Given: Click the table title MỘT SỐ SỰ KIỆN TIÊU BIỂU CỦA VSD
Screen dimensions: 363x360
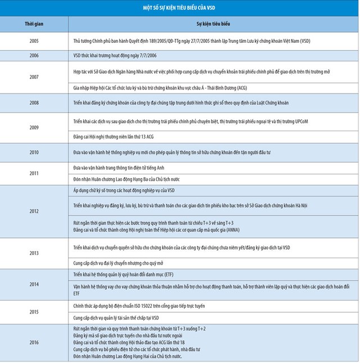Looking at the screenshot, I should pyautogui.click(x=179, y=8).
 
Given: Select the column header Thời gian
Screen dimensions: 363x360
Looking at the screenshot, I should pyautogui.click(x=34, y=25).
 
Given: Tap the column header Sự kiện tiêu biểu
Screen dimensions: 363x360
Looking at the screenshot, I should pyautogui.click(x=213, y=25).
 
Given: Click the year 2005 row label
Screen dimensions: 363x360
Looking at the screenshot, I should pyautogui.click(x=34, y=42).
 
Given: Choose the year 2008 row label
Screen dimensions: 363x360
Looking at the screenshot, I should pyautogui.click(x=34, y=104).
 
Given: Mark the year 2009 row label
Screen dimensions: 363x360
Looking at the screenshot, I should pyautogui.click(x=34, y=128).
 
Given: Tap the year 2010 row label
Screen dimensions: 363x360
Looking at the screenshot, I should pyautogui.click(x=34, y=152).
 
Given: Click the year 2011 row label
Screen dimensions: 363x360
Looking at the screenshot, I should pyautogui.click(x=34, y=173).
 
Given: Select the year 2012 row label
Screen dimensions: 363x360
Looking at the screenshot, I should pyautogui.click(x=34, y=210).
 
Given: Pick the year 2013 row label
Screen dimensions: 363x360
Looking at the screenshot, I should pyautogui.click(x=34, y=253).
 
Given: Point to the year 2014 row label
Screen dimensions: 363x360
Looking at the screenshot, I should pyautogui.click(x=34, y=284).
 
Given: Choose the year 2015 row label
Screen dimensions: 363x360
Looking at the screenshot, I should pyautogui.click(x=34, y=312).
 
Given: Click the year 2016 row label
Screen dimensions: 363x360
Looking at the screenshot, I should pyautogui.click(x=34, y=342).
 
